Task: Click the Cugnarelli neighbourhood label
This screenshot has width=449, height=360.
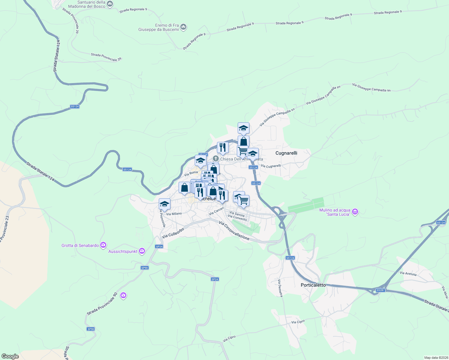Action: click(x=286, y=153)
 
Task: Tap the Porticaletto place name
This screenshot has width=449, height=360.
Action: click(x=313, y=285)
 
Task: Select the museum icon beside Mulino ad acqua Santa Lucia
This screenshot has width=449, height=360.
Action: click(x=355, y=212)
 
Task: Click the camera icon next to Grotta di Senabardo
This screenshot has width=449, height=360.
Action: click(x=103, y=245)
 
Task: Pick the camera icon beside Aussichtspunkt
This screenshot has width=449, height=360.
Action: click(x=142, y=251)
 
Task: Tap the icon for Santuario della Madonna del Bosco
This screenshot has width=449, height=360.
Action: click(x=110, y=4)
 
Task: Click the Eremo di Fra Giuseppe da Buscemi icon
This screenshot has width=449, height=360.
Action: click(x=184, y=27)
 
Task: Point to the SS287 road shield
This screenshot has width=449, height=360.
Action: click(x=380, y=290)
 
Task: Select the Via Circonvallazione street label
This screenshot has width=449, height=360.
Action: click(x=234, y=231)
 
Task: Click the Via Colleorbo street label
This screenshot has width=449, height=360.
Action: click(x=173, y=233)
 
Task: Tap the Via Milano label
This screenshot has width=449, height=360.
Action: click(x=174, y=214)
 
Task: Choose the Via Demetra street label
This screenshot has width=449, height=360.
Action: click(x=280, y=288)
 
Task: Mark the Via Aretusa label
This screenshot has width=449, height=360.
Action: click(x=408, y=274)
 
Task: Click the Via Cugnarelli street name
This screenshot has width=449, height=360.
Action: click(x=271, y=166)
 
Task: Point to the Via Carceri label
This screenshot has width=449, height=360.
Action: click(x=216, y=211)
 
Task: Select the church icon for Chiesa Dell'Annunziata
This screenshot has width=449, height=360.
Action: click(x=215, y=159)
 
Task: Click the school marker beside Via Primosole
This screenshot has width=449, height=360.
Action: click(x=164, y=204)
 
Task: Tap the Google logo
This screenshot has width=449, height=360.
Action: click(x=10, y=356)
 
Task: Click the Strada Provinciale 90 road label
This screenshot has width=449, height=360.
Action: click(x=102, y=304)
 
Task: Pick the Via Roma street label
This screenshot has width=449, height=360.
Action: click(x=191, y=173)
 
